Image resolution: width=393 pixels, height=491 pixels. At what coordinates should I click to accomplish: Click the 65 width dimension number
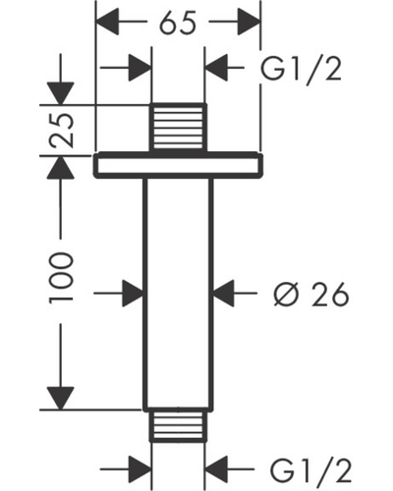tap(178, 23)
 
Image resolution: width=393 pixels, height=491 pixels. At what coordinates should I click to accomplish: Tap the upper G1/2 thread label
tap(301, 69)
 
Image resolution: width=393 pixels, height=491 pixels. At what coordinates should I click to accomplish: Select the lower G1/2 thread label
tap(310, 470)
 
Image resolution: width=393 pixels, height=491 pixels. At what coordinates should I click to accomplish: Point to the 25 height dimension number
tap(61, 131)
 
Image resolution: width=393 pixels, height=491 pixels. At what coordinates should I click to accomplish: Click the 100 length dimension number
tap(61, 278)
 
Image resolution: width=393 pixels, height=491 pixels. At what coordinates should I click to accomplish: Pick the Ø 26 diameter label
tap(311, 295)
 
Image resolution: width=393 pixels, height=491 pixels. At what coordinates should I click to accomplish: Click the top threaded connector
tap(178, 128)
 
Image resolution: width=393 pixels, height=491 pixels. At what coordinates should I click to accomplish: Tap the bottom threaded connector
tap(178, 425)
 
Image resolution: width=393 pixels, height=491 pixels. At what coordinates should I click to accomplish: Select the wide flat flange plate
tap(178, 165)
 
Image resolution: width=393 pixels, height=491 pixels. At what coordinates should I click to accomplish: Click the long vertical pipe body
tap(178, 294)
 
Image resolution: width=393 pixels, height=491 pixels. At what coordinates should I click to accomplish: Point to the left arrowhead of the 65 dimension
tap(107, 22)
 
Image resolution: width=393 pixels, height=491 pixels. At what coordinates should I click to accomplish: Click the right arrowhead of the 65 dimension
tap(249, 22)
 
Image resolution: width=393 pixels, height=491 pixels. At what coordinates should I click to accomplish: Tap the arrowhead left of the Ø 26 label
tap(224, 294)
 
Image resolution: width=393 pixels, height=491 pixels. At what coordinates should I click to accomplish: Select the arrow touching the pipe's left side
tap(119, 294)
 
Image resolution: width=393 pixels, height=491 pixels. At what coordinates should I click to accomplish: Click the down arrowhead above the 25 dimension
tap(60, 93)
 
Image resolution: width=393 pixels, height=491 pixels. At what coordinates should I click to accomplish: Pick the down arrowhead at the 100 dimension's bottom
tap(60, 398)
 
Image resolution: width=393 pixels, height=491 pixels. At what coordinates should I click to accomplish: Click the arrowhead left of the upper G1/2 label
tap(216, 68)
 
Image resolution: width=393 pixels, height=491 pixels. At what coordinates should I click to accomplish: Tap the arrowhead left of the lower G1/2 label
tap(216, 469)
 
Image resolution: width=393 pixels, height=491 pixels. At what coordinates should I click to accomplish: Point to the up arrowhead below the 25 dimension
tap(60, 167)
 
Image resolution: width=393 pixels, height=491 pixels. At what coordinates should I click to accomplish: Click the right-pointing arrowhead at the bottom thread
tap(140, 469)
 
